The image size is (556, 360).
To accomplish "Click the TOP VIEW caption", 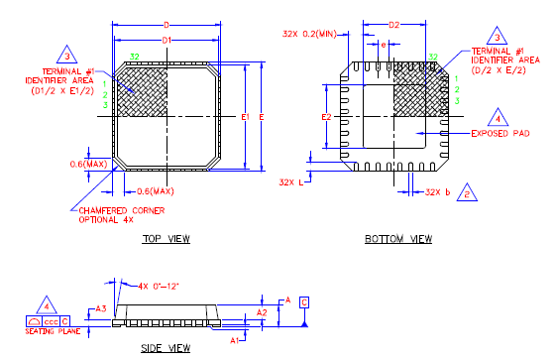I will pos(166,239).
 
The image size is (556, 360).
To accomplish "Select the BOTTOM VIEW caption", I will pos(398,239).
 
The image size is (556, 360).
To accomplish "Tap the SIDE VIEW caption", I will pos(166,348).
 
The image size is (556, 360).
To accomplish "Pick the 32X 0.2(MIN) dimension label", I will pos(310,33).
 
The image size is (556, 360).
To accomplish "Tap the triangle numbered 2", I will pos(465,194).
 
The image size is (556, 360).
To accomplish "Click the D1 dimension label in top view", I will pos(167,40).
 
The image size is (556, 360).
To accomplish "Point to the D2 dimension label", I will pos(393,24).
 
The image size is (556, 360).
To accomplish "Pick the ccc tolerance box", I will pos(50,321).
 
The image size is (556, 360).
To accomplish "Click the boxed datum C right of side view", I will pos(304,300).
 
